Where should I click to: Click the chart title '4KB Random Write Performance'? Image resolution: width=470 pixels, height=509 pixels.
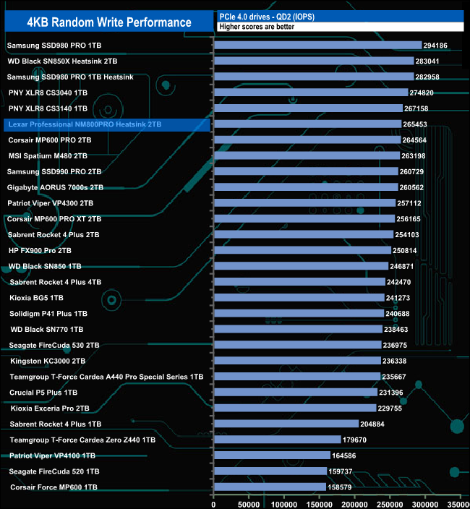108,22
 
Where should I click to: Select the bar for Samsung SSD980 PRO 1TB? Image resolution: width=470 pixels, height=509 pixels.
317,45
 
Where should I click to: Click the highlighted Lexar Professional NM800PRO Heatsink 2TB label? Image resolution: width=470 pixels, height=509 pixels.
85,124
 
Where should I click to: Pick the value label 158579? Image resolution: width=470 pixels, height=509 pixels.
346,487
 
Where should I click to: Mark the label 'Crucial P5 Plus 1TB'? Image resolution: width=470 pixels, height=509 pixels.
43,393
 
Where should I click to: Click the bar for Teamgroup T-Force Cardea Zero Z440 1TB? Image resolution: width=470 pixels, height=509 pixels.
277,440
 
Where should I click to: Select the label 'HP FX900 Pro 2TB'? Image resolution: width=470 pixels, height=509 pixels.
40,250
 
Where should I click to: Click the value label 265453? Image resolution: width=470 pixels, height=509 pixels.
421,124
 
